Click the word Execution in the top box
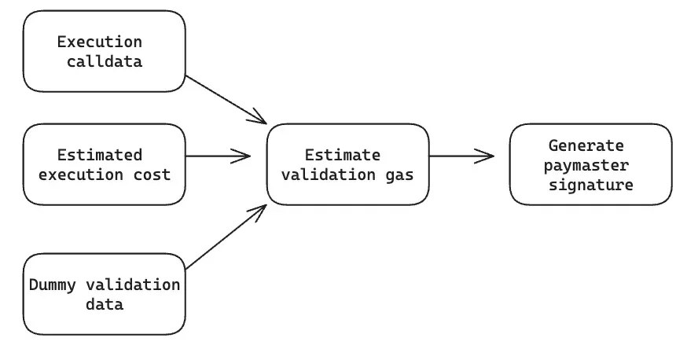100,42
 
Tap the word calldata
105,61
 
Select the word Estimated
100,155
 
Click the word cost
152,174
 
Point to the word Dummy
53,285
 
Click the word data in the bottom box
105,304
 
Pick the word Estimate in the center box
343,155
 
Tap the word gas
400,174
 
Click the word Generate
586,145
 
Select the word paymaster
586,166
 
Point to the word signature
591,185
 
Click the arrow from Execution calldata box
226,100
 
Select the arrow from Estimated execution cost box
218,156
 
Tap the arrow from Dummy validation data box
226,237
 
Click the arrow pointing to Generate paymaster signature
461,156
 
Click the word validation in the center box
329,174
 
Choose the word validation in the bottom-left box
133,285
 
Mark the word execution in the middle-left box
81,174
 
